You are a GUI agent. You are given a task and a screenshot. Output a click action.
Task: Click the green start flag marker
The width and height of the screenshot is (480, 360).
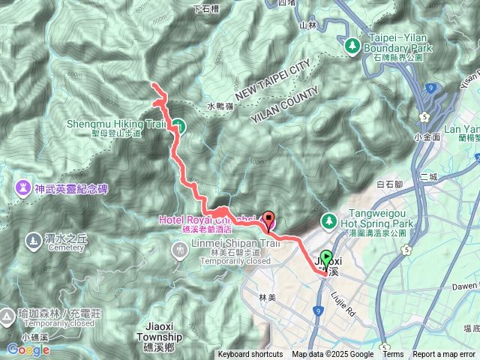(x=326, y=258)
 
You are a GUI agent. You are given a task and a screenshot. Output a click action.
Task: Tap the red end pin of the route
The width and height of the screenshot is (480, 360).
(x=268, y=219)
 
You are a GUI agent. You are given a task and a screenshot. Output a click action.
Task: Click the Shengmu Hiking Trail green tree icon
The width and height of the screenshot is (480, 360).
(x=178, y=125)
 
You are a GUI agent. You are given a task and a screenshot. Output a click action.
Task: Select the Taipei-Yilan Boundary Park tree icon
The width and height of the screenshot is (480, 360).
(x=352, y=46)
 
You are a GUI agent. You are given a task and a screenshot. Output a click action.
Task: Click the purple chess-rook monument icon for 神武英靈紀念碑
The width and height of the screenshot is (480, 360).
(x=21, y=187)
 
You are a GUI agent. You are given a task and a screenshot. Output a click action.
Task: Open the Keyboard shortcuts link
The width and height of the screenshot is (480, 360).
(x=250, y=355)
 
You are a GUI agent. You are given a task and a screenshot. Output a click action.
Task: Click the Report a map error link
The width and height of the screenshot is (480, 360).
(x=445, y=355)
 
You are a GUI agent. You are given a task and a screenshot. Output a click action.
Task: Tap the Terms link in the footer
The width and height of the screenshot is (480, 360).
(x=393, y=355)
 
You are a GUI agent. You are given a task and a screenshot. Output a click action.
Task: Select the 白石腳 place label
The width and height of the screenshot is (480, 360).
(x=391, y=184)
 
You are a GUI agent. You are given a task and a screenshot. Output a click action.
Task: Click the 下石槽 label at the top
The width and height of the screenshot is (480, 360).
(x=205, y=9)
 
